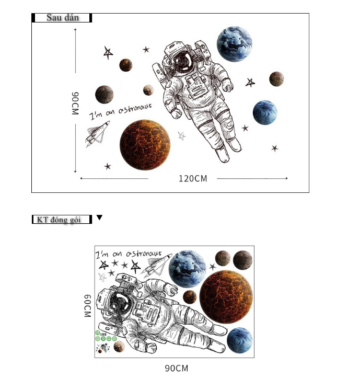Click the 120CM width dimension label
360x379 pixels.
(193, 179)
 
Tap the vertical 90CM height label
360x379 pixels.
(75, 103)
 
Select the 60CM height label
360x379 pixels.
(87, 306)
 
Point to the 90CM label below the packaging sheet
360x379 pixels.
(177, 368)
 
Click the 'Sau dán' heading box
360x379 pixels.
(62, 18)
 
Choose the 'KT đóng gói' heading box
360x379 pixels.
(62, 220)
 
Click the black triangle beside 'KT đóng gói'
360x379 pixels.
(99, 217)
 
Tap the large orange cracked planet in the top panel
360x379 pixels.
(145, 144)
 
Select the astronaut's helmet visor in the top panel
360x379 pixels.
(183, 61)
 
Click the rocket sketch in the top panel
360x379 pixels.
(97, 134)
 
